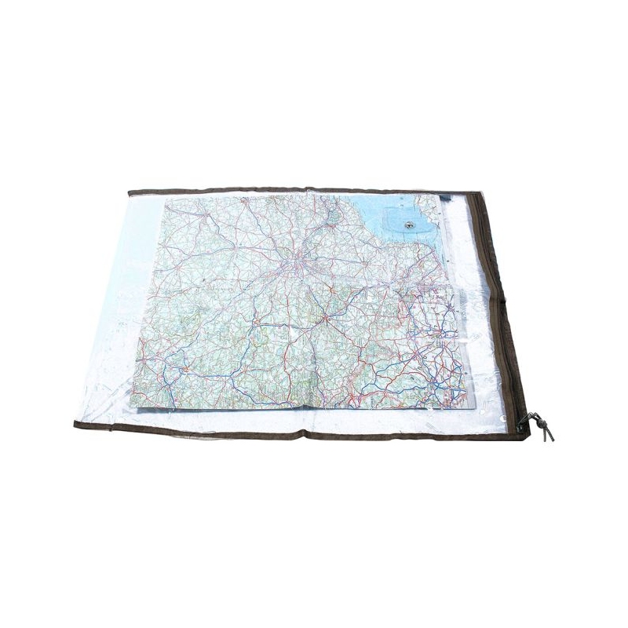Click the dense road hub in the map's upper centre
298,263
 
